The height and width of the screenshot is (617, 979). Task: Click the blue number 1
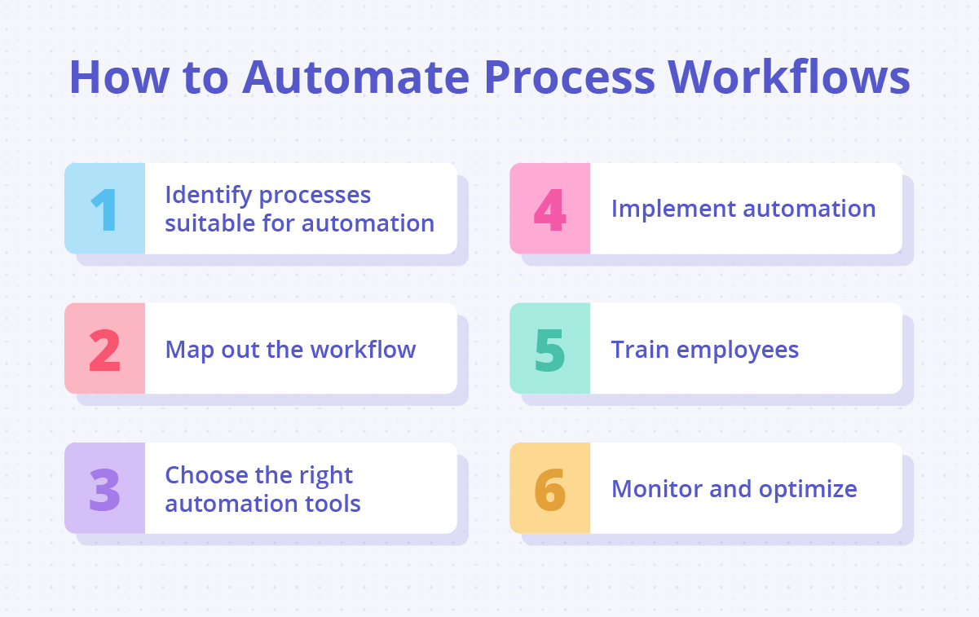[104, 209]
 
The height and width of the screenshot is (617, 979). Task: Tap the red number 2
[104, 349]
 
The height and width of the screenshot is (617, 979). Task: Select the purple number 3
[104, 489]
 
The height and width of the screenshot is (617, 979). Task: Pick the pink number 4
[549, 209]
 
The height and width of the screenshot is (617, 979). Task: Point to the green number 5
[550, 349]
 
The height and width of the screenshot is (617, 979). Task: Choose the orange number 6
[550, 489]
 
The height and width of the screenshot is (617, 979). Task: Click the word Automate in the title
[356, 77]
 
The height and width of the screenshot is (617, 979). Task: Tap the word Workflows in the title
[789, 77]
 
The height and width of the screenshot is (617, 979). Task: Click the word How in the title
[111, 77]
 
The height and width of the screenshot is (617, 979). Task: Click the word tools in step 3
[333, 503]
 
